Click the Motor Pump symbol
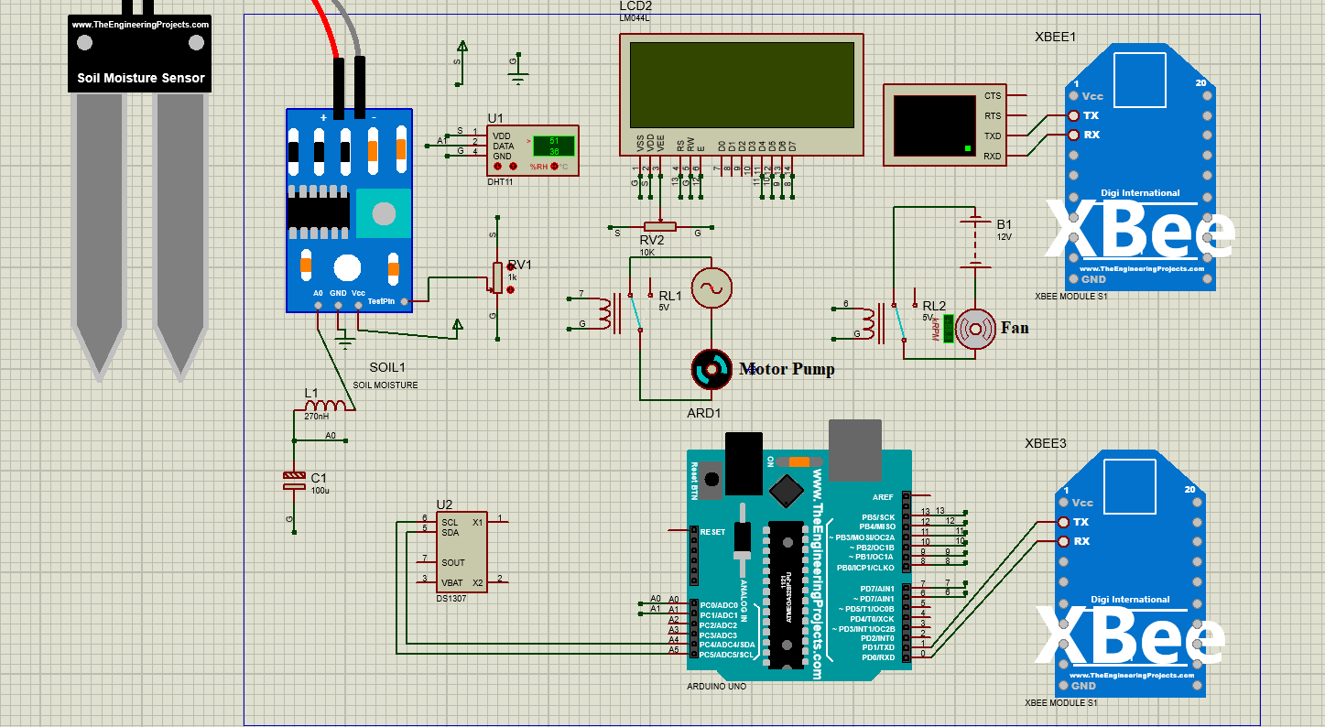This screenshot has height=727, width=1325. pyautogui.click(x=711, y=368)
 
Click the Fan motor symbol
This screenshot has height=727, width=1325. pyautogui.click(x=975, y=328)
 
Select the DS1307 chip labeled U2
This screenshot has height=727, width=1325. pyautogui.click(x=462, y=551)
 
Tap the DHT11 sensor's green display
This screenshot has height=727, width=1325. pyautogui.click(x=553, y=146)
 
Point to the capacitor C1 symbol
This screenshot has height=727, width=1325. pyautogui.click(x=293, y=480)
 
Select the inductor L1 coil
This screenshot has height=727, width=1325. pyautogui.click(x=325, y=406)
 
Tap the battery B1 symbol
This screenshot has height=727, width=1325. pyautogui.click(x=975, y=243)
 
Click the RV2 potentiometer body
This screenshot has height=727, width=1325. pyautogui.click(x=659, y=226)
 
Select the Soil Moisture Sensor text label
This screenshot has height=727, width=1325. pyautogui.click(x=140, y=78)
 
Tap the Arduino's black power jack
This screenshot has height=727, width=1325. pyautogui.click(x=744, y=464)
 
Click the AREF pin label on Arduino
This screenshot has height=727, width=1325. pyautogui.click(x=882, y=497)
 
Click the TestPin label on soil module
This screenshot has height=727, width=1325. pyautogui.click(x=380, y=301)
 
